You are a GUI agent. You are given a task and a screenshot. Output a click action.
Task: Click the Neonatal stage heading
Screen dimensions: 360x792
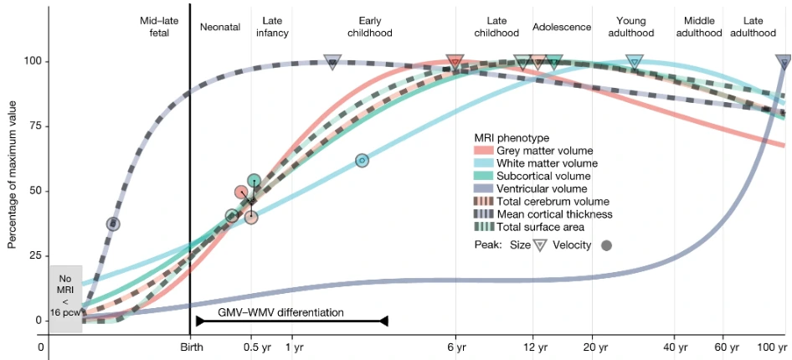click(220, 27)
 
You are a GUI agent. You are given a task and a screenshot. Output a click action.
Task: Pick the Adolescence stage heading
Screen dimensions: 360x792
click(561, 27)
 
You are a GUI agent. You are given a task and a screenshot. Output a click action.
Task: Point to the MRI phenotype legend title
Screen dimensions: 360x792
click(510, 137)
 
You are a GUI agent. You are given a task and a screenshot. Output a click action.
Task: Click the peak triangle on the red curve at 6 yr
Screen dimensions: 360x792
click(455, 61)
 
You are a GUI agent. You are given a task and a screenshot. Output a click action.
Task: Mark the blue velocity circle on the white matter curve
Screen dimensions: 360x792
click(362, 160)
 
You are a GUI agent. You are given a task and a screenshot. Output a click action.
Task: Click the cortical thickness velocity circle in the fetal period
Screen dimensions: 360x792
click(113, 224)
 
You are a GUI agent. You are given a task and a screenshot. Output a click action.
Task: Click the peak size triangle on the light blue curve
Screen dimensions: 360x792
click(634, 61)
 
